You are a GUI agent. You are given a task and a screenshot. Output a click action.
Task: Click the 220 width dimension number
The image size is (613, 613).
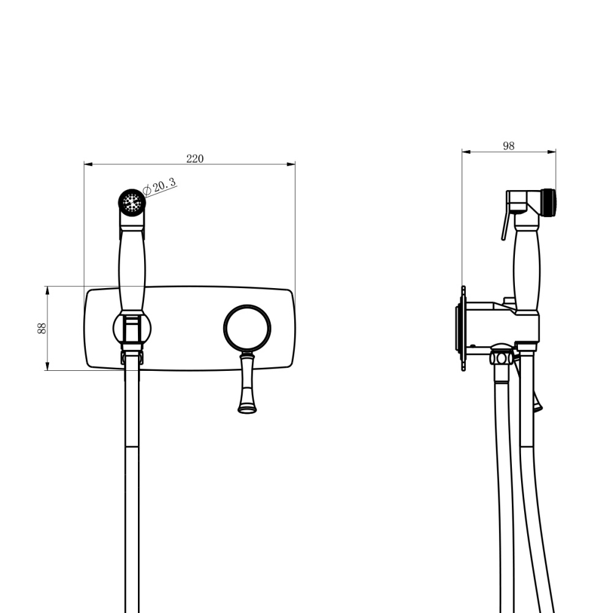point(195,158)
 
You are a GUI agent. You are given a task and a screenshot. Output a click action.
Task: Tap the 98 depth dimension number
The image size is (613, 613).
point(509,146)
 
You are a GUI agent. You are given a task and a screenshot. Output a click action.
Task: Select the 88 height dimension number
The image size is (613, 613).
point(42,328)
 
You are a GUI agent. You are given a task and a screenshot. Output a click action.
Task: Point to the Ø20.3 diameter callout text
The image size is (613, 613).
point(159,187)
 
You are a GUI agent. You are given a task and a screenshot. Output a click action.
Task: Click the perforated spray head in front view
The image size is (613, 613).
point(132,202)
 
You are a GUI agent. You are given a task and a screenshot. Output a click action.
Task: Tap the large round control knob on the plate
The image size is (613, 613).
point(247,328)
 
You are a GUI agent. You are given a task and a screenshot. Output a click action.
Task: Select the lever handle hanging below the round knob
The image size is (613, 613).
point(247,383)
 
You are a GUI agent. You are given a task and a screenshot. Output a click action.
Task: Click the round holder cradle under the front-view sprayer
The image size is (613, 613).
point(132,329)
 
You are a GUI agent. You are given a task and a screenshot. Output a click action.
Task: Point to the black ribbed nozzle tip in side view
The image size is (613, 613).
point(549,202)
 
